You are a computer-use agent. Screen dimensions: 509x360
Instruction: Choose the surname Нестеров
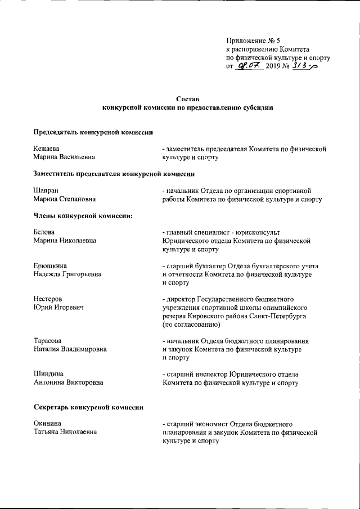click(48, 298)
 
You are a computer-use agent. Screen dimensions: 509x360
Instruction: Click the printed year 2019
click(274, 67)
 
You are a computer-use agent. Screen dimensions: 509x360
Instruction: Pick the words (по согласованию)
click(191, 325)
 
